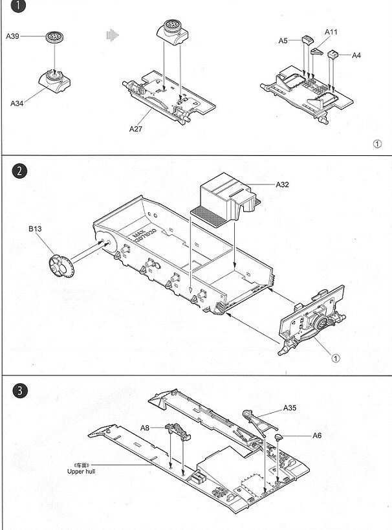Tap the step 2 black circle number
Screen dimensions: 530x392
tap(21, 171)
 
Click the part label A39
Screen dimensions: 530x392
tap(12, 37)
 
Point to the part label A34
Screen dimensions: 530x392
tap(17, 102)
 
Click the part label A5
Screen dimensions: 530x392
tap(283, 40)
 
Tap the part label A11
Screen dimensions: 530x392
tap(331, 32)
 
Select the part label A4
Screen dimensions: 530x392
tap(356, 56)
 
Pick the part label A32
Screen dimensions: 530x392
tap(282, 184)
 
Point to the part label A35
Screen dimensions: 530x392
tap(289, 408)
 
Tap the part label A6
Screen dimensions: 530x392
tap(317, 436)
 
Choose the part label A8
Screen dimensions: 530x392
tap(145, 427)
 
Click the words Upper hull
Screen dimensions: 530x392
tap(81, 472)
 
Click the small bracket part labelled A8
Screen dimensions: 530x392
tap(177, 429)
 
